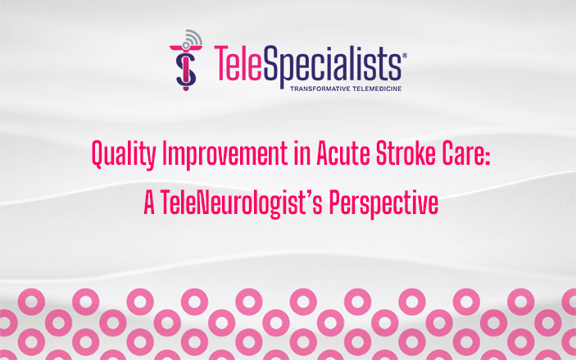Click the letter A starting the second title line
(x=149, y=203)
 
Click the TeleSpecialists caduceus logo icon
(x=186, y=64)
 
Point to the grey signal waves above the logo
(x=194, y=38)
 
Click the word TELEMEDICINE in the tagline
(x=373, y=87)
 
